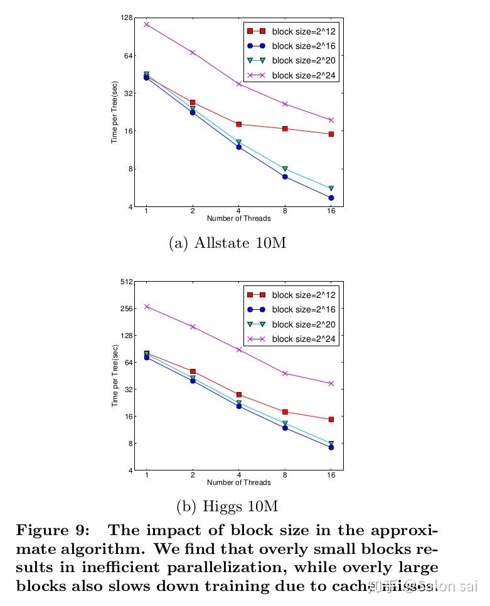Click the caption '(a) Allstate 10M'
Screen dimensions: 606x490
227,243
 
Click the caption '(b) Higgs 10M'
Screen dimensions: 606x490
227,506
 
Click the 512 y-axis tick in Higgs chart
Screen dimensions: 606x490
126,282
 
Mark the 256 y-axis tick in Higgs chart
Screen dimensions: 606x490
126,309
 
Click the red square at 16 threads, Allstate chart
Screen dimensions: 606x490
331,134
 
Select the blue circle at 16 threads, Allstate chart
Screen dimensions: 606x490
331,198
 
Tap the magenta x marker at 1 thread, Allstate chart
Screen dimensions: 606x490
146,24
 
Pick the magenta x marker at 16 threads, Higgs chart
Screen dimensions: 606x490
331,383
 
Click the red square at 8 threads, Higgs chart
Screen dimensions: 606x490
285,412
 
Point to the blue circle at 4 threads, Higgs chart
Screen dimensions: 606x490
238,407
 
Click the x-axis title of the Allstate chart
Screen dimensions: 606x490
238,219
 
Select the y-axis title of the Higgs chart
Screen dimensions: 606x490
115,376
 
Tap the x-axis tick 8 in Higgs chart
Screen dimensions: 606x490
285,475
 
